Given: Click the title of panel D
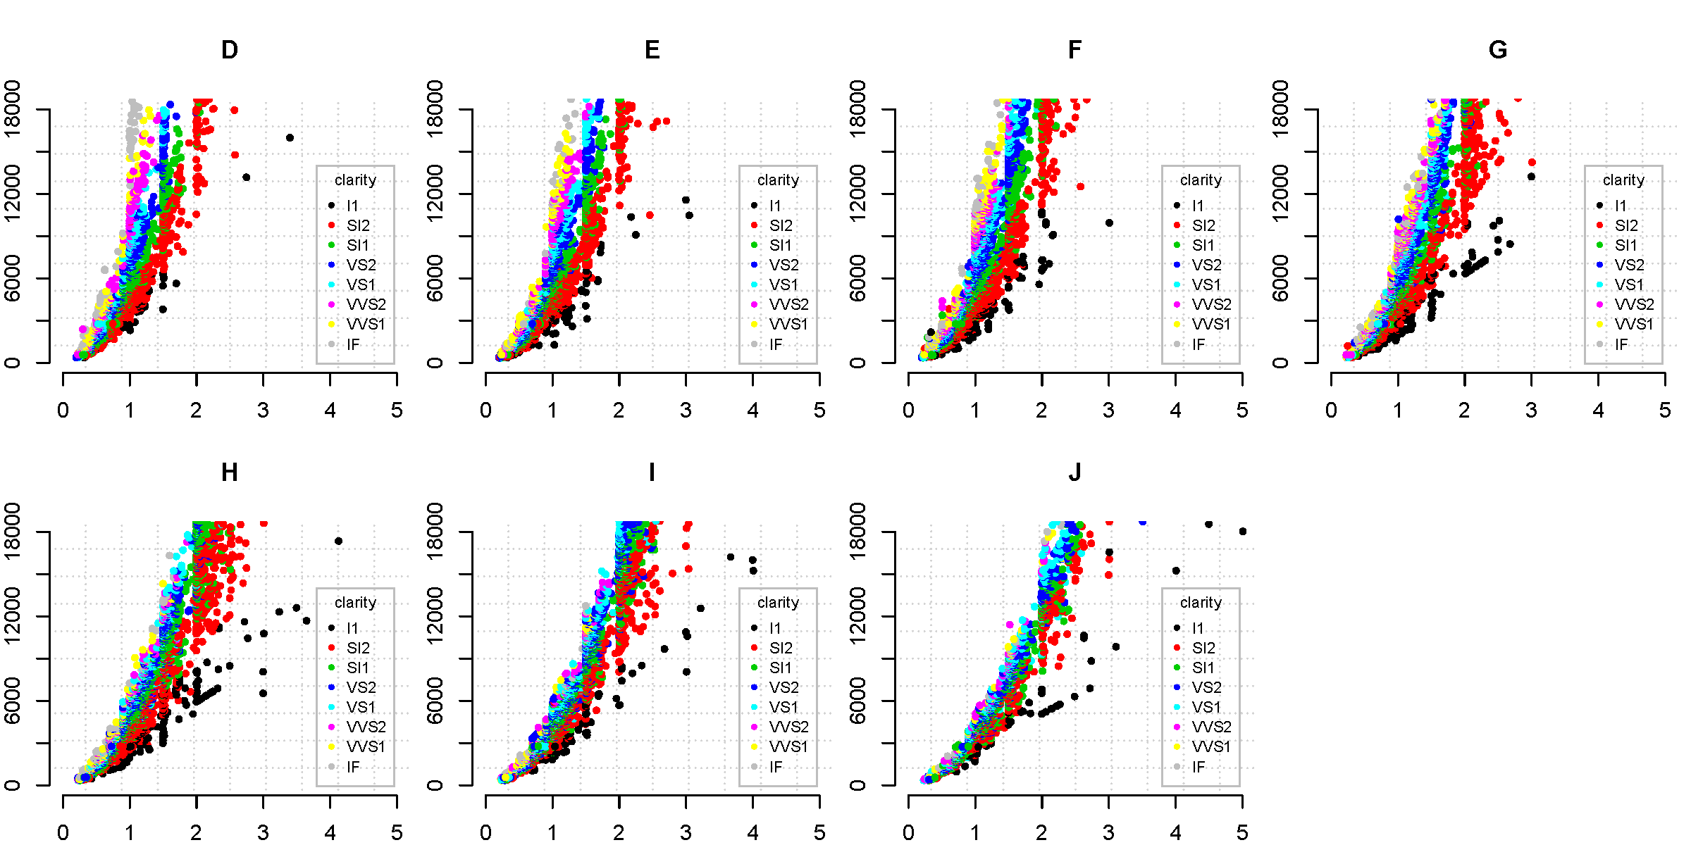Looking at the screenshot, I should tap(230, 50).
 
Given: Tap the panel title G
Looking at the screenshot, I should tap(1498, 50).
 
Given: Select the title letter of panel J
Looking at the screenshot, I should tap(1074, 472).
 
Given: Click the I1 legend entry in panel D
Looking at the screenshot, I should tap(352, 206).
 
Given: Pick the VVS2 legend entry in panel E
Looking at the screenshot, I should tap(788, 304).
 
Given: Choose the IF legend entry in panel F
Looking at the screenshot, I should tap(1198, 344).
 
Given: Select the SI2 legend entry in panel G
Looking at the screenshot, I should tap(1625, 225).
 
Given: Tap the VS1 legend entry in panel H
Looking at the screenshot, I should tap(360, 707).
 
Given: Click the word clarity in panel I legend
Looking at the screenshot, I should tap(778, 602).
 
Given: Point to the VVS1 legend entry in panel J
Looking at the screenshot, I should tap(1210, 746).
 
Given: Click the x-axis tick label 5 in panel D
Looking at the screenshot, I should tap(397, 411).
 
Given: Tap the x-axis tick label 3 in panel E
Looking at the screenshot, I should tap(686, 411).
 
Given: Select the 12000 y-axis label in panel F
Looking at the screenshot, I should tap(857, 194).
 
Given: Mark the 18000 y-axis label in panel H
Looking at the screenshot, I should tap(12, 532).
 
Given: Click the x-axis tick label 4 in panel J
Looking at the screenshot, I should tap(1175, 833).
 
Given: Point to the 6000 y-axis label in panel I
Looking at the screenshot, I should tap(435, 701).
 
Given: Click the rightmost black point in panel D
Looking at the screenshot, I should tap(290, 138).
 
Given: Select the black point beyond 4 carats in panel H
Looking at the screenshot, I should tap(338, 542).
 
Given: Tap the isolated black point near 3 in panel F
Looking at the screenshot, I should tap(1109, 223).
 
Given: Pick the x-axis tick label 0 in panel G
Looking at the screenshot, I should tap(1331, 411).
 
